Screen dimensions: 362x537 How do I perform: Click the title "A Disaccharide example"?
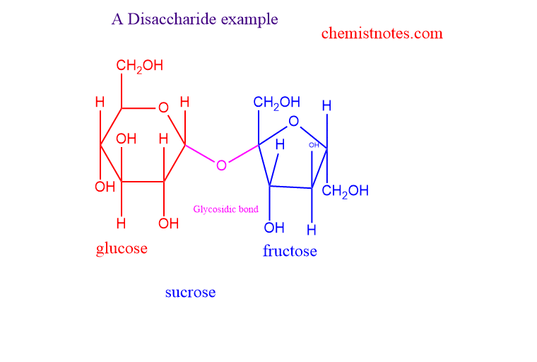[x=194, y=19]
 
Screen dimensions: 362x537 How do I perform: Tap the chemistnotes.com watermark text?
[x=382, y=33]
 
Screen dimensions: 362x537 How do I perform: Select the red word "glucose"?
[x=122, y=248]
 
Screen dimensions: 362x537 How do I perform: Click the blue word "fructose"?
[x=290, y=251]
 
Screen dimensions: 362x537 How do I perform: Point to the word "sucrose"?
[x=190, y=292]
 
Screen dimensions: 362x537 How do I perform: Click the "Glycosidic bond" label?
[x=226, y=209]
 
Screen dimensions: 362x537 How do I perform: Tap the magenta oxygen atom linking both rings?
[x=222, y=165]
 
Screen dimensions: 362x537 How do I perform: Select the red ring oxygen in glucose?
[x=163, y=108]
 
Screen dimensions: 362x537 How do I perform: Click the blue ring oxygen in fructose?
[x=294, y=122]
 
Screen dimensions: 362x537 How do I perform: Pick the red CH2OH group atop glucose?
[x=139, y=66]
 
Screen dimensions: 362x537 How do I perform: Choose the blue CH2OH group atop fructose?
[x=276, y=103]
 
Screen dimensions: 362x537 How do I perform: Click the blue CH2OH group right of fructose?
[x=346, y=191]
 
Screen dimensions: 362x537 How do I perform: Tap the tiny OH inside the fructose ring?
[x=314, y=145]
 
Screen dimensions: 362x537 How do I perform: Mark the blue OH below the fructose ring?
[x=274, y=228]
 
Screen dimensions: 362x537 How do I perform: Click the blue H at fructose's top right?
[x=326, y=106]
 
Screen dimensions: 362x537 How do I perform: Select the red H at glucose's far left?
[x=100, y=103]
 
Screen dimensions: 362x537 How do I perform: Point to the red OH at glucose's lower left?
[x=105, y=187]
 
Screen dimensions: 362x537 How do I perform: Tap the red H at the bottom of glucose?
[x=121, y=223]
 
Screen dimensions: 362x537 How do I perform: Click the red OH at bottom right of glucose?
[x=168, y=223]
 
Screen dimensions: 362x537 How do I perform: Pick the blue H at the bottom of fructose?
[x=312, y=230]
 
